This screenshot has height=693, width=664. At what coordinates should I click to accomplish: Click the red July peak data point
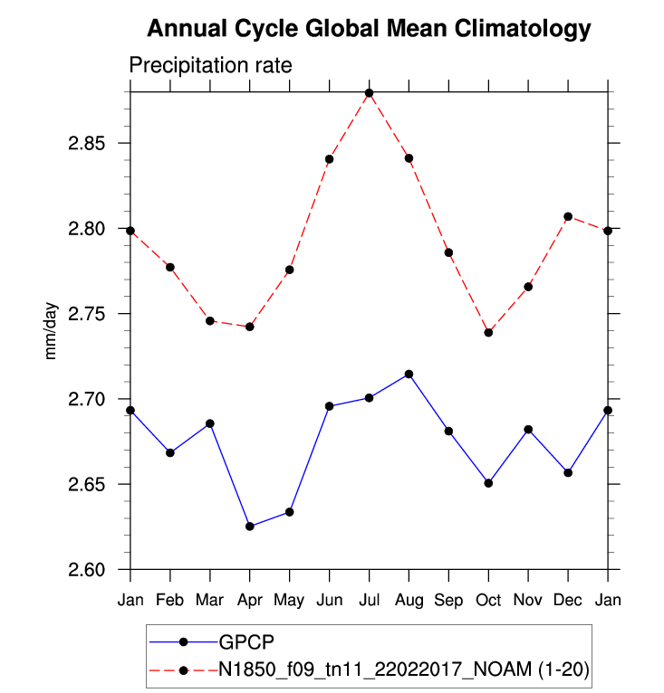pos(370,93)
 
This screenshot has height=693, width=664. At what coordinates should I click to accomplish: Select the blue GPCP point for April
pos(250,527)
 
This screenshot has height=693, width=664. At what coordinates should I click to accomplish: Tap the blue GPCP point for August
pos(409,375)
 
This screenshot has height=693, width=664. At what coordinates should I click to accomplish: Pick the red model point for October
pos(489,332)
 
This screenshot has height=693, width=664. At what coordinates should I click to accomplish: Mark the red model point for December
pos(568,216)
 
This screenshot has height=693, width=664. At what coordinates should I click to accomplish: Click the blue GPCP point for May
pos(290,512)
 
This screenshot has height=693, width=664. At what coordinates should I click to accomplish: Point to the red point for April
pos(250,327)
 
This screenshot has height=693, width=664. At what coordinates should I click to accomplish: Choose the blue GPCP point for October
pos(489,483)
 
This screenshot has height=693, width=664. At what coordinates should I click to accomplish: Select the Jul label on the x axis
pos(370,601)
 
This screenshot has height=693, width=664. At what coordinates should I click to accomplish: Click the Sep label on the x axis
pos(449,601)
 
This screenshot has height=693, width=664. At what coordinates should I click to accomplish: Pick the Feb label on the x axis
pos(170,601)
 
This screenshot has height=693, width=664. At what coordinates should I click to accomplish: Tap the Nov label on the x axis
pos(528,601)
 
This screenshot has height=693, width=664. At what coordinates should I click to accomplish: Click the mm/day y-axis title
pos(51,331)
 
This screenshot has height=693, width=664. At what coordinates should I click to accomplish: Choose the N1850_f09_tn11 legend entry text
pos(405,670)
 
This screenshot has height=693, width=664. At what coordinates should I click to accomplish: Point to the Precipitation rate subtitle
pos(210,66)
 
